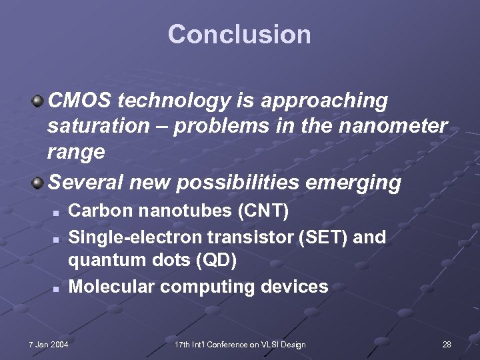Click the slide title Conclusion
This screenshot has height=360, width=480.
coord(239,35)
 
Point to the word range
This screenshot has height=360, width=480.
coord(76,152)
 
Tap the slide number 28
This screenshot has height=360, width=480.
coord(447,344)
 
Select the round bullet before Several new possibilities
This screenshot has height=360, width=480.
coord(39,182)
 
